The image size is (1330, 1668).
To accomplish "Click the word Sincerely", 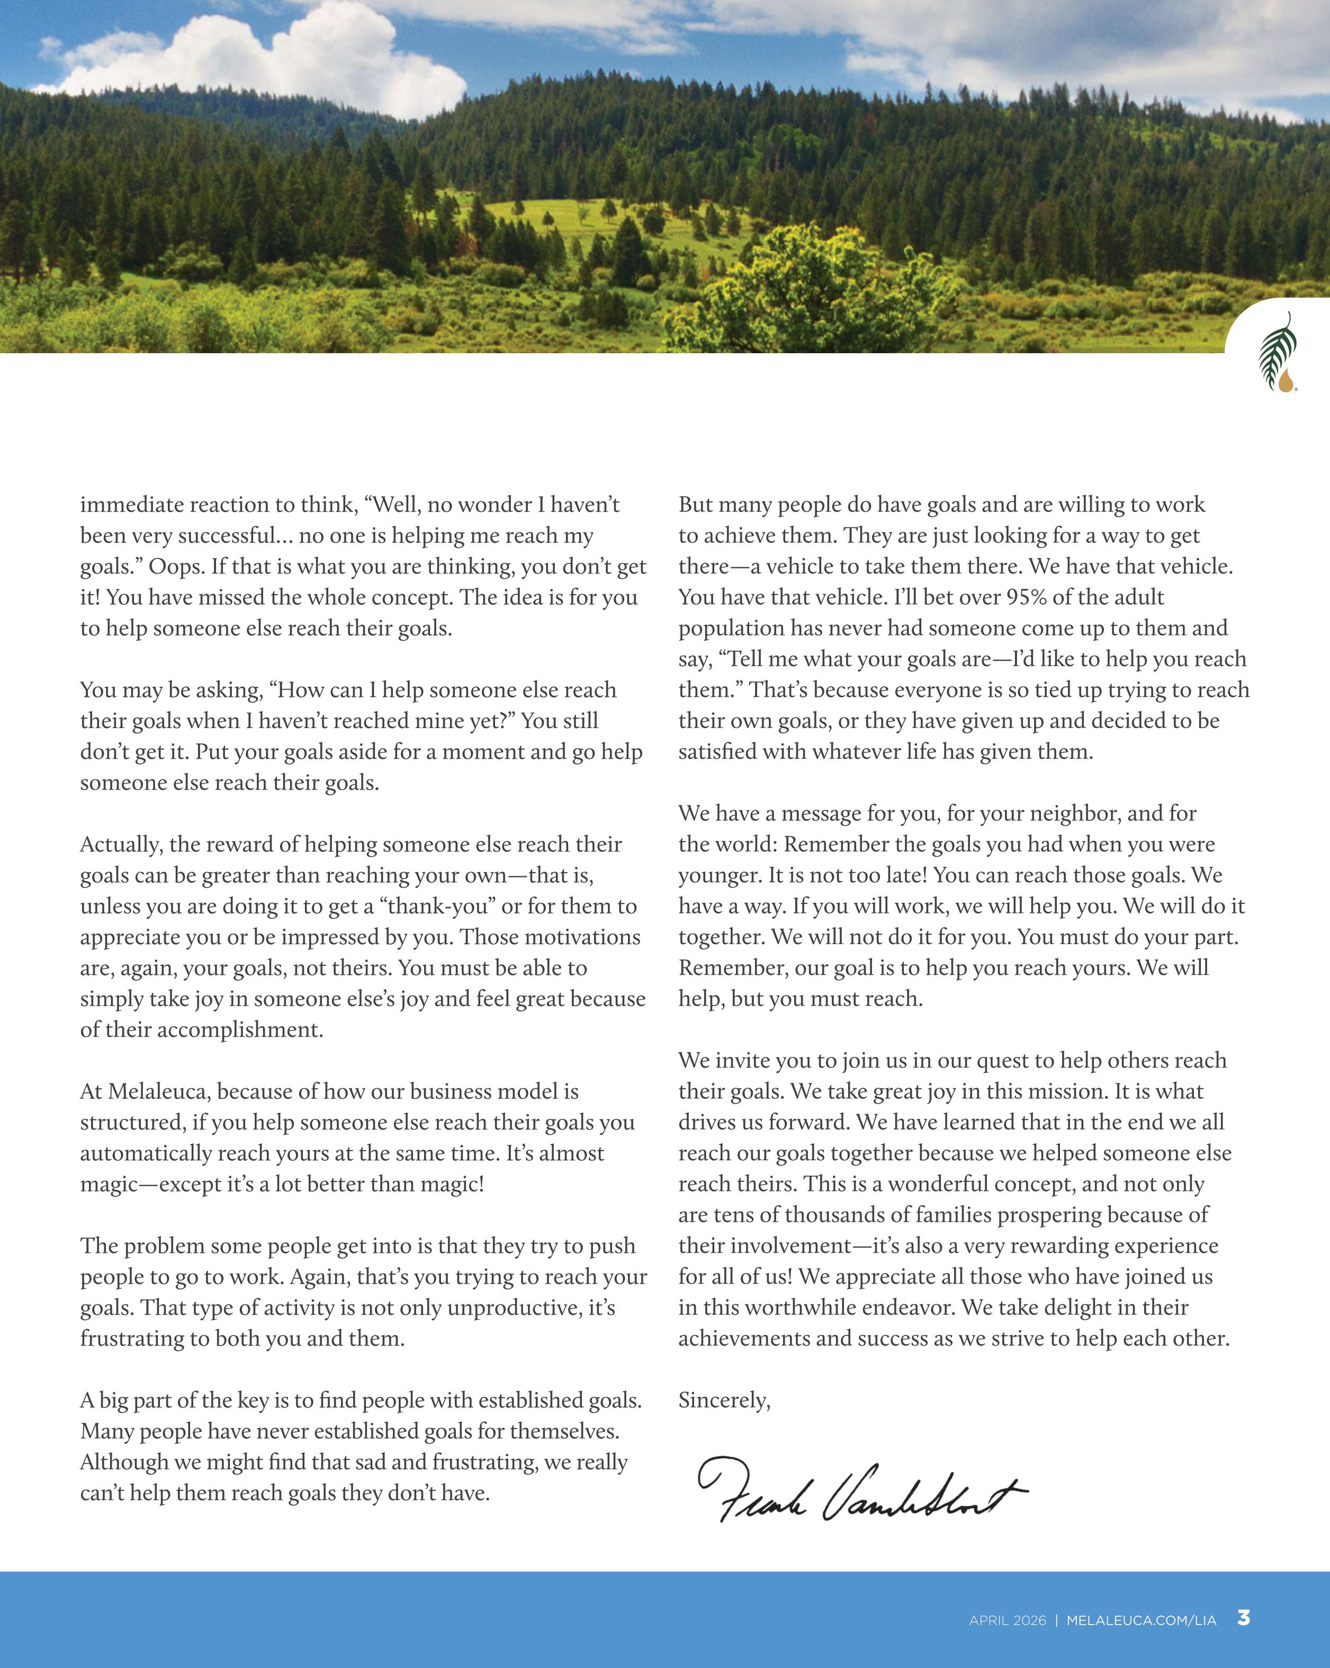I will point(723,1400).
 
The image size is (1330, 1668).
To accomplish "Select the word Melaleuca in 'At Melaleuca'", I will point(159,1092).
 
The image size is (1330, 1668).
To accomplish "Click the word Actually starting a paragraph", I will point(121,844).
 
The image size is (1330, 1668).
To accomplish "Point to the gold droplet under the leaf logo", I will point(1285,381).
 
